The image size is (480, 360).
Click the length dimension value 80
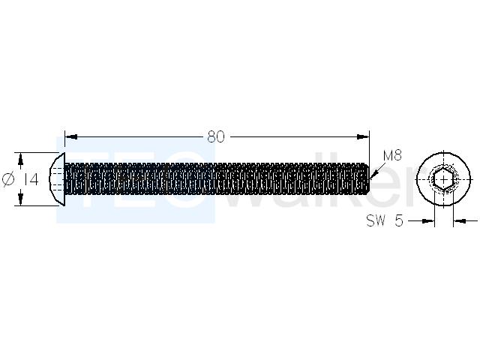[216, 136]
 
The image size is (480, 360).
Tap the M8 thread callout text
[392, 156]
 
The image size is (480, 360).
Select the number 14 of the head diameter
[31, 179]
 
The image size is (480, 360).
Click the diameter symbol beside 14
[8, 179]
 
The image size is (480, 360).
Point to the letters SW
[375, 220]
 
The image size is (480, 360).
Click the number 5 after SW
[399, 220]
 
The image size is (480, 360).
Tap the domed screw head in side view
[57, 179]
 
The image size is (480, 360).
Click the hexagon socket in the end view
[444, 179]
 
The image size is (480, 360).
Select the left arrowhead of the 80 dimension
[70, 136]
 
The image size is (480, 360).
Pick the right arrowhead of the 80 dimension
[363, 136]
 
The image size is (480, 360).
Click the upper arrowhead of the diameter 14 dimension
[20, 159]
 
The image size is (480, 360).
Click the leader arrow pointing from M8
[376, 170]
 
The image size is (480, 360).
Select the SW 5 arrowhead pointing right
[428, 220]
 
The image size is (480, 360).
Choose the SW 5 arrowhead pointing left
[460, 220]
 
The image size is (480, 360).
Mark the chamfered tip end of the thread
[367, 179]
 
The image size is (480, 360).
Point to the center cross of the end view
[444, 179]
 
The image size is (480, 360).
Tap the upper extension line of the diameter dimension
[37, 152]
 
